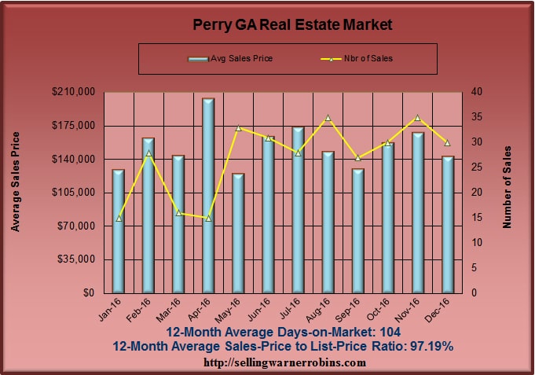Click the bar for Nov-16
[x=418, y=212]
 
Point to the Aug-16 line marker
[x=328, y=118]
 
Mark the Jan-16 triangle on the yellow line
[x=119, y=218]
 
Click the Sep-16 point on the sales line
[x=358, y=157]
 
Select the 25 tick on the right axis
[x=470, y=167]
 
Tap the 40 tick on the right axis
[x=470, y=92]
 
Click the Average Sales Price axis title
[x=15, y=192]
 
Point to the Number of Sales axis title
[x=507, y=187]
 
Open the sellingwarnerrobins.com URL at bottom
[x=284, y=362]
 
